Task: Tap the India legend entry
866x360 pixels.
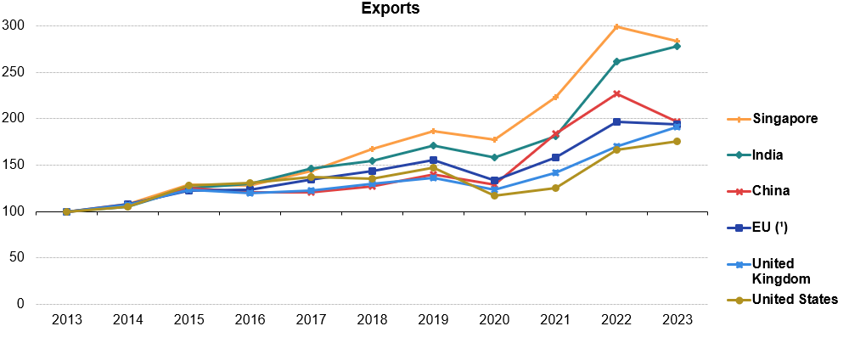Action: coord(768,155)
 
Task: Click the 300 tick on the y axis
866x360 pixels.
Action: coord(16,26)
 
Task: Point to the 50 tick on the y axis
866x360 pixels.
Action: coord(20,258)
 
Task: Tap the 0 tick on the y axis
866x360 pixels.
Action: coord(23,304)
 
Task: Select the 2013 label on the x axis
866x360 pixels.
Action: coord(66,320)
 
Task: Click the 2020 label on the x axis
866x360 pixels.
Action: coord(494,320)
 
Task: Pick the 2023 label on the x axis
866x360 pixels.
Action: coord(677,320)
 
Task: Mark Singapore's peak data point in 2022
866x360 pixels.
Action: coord(616,27)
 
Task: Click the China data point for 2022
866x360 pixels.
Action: coord(616,93)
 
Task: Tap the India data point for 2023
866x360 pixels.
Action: coord(677,46)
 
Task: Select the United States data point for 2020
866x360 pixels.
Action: coord(494,196)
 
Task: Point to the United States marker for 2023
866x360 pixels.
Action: coord(677,141)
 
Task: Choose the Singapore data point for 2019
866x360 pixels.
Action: coord(433,131)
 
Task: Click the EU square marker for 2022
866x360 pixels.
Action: coord(616,122)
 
